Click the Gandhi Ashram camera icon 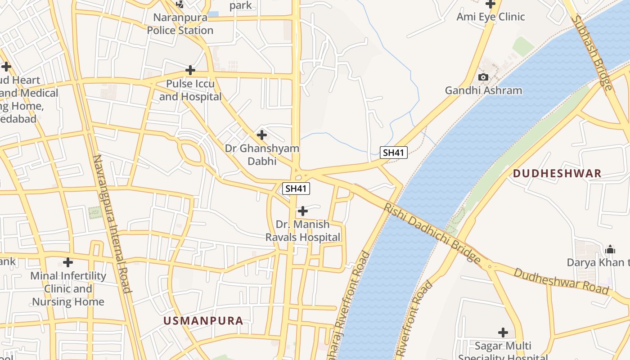pyautogui.click(x=483, y=77)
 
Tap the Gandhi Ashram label pyautogui.click(x=483, y=90)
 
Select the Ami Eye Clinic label pyautogui.click(x=490, y=17)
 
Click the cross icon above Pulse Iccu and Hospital pyautogui.click(x=190, y=70)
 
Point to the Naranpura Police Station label pyautogui.click(x=180, y=24)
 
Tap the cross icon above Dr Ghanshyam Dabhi pyautogui.click(x=261, y=135)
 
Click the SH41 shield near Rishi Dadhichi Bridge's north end pyautogui.click(x=393, y=153)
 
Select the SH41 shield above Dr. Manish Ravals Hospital pyautogui.click(x=296, y=189)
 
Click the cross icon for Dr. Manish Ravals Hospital pyautogui.click(x=303, y=211)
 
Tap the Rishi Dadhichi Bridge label pyautogui.click(x=432, y=233)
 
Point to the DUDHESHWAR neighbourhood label pyautogui.click(x=557, y=174)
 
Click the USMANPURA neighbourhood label pyautogui.click(x=203, y=321)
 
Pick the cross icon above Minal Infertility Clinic pyautogui.click(x=68, y=262)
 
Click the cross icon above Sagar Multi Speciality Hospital pyautogui.click(x=503, y=333)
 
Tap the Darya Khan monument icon pyautogui.click(x=610, y=249)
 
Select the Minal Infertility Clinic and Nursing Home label pyautogui.click(x=68, y=289)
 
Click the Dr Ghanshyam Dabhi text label pyautogui.click(x=262, y=154)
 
